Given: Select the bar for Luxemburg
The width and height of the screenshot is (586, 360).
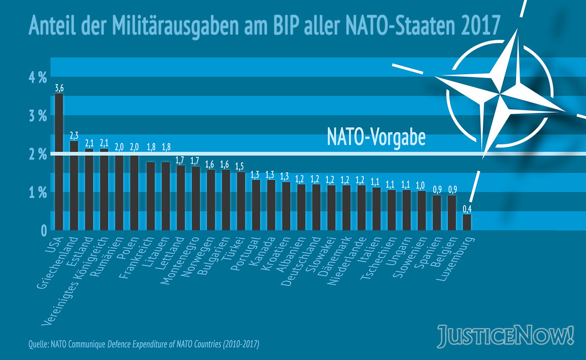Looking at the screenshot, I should (467, 222).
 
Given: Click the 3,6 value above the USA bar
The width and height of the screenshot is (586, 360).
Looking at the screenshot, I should (59, 88).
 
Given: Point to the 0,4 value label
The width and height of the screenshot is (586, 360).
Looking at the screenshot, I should (467, 209).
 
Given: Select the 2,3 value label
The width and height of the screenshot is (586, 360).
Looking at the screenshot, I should (74, 136).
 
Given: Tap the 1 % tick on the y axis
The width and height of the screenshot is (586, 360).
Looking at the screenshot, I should (37, 193).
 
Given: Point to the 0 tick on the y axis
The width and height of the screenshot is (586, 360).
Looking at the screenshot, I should (43, 231).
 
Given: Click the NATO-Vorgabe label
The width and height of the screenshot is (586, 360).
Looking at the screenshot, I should (376, 138).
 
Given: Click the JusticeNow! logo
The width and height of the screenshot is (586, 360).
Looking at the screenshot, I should (505, 336).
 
